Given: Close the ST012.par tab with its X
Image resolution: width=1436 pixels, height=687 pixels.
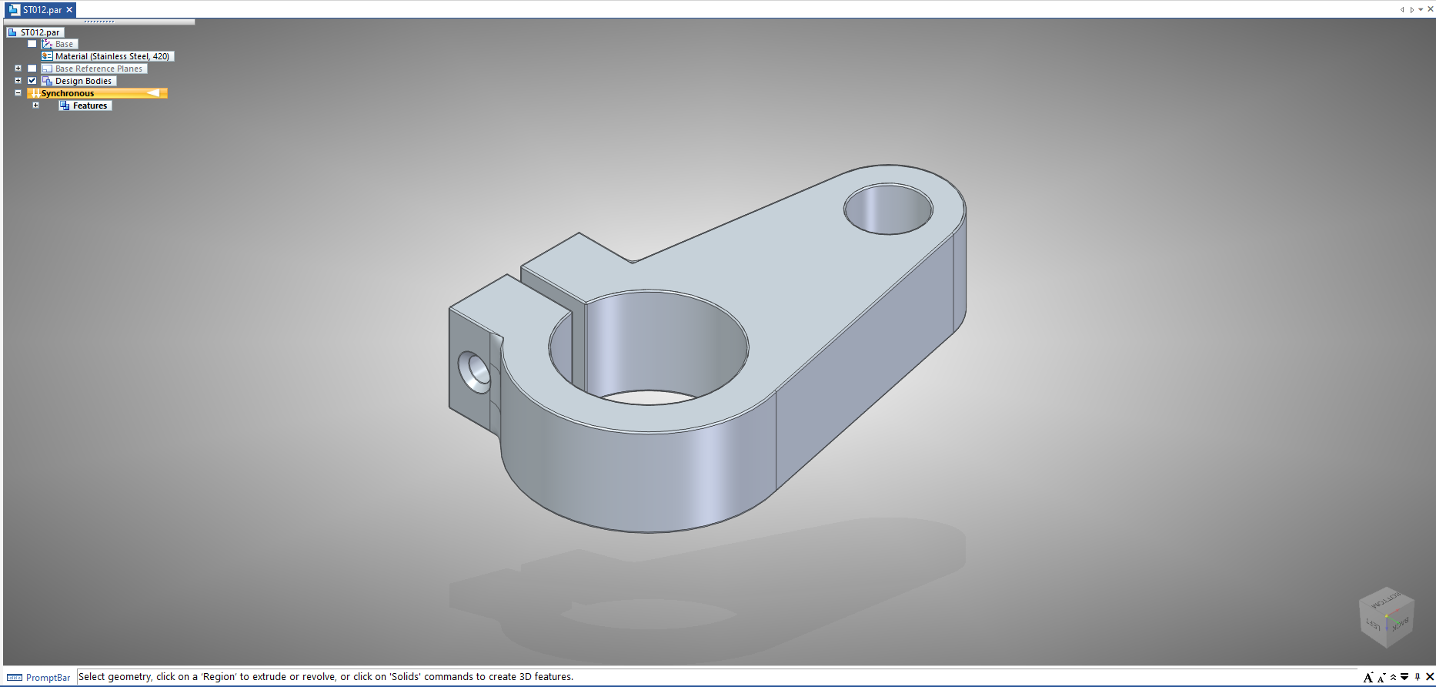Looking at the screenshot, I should pos(69,10).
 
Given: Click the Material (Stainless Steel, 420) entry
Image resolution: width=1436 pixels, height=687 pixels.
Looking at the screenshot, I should pos(112,56).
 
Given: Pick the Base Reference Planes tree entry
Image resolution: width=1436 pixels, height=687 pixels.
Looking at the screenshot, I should pos(99,69).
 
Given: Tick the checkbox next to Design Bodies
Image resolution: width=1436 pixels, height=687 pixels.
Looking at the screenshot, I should pos(32,81).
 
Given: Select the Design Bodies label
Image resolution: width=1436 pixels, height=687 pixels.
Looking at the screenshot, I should pos(83,81).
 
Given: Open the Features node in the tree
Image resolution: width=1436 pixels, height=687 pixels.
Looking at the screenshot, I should pos(90,106).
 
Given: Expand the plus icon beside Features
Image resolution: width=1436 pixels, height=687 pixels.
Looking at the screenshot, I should pos(35,106).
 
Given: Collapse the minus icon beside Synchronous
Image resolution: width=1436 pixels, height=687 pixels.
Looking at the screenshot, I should pos(18,93).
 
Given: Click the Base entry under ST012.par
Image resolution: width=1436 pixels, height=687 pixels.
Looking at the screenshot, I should pos(64,44).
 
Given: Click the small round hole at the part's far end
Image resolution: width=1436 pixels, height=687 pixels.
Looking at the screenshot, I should pos(888,209).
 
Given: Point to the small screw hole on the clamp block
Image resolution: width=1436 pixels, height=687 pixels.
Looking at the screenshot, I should pos(474,371).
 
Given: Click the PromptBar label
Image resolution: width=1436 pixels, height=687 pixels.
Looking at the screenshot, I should pos(48,678).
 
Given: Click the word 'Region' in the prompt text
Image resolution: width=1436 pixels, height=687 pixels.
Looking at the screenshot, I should pos(219,677).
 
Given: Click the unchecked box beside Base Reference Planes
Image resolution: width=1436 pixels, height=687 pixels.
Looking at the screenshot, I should pos(32,69).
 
